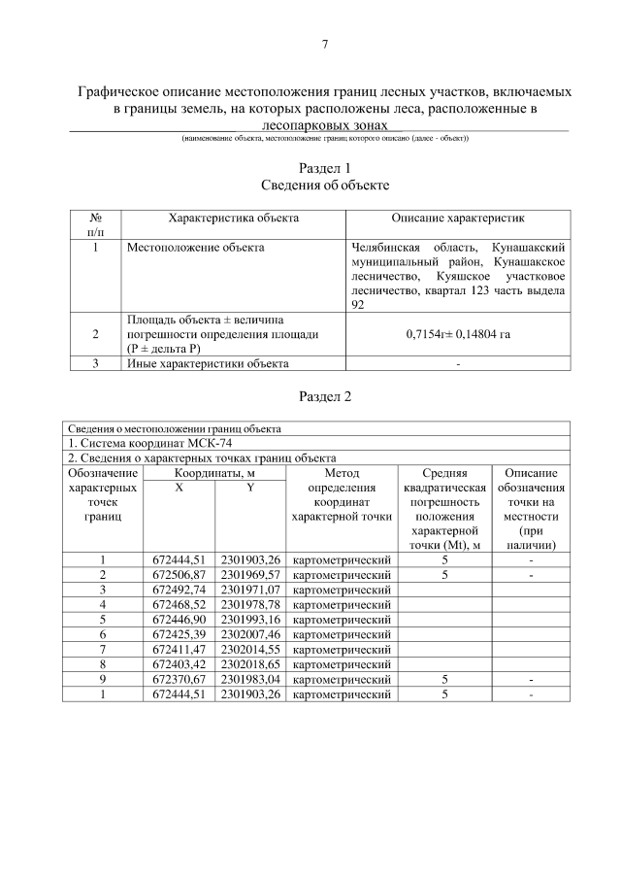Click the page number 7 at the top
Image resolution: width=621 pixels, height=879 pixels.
click(x=325, y=43)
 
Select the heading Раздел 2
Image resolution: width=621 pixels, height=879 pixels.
click(x=325, y=396)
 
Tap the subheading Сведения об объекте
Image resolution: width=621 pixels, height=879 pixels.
click(x=325, y=185)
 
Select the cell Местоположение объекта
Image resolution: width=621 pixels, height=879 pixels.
click(x=196, y=248)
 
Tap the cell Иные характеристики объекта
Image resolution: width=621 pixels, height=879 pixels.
click(x=207, y=364)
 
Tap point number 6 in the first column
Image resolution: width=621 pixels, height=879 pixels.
click(x=102, y=634)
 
